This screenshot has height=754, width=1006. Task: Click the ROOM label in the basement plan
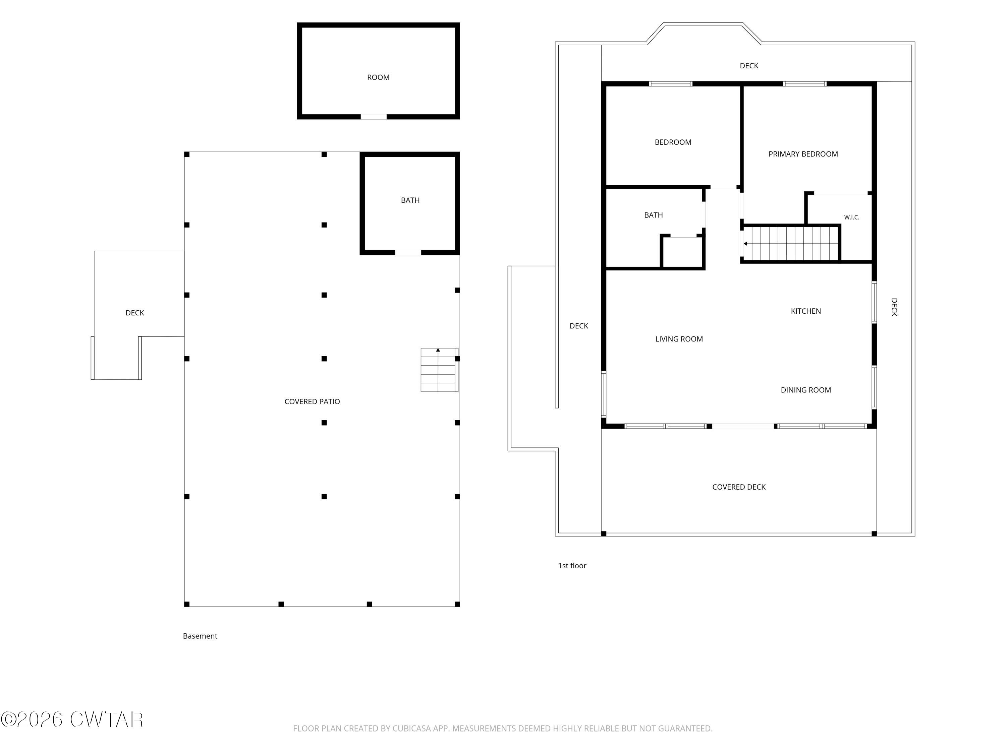coord(378,77)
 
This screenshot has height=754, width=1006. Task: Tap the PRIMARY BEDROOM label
coord(803,154)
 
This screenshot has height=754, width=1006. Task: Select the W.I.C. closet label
coord(852,217)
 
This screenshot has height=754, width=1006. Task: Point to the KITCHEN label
coord(806,311)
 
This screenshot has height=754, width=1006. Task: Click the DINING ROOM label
coord(806,390)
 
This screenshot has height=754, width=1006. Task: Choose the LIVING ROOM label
coord(679,339)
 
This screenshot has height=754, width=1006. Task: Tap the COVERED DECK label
coord(739,487)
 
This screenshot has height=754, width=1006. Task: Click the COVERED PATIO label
coord(312,402)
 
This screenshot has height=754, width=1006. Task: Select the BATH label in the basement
coord(410,200)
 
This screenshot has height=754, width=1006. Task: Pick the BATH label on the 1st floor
coord(654,215)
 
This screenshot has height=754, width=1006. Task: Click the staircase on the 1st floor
coord(790,244)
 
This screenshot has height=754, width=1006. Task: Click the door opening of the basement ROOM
coord(373,117)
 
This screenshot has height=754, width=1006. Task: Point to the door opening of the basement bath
coord(408,253)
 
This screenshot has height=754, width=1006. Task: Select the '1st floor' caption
coord(572,566)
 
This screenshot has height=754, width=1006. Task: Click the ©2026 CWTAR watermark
coord(72,719)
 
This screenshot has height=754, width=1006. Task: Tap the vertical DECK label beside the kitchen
coord(894,307)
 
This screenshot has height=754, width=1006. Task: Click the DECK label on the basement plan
coord(134,313)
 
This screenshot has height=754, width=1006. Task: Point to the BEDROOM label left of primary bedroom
coord(673,142)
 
